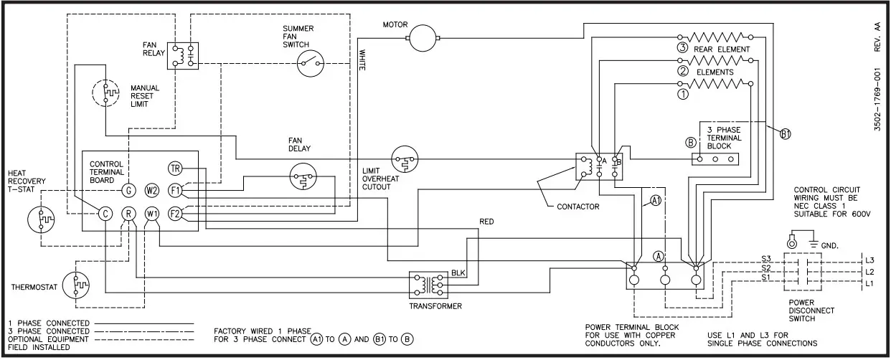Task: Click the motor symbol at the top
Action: coord(423,35)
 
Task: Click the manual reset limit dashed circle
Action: coord(107,93)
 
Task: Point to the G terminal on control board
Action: coord(128,190)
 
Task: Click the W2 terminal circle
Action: coord(151,190)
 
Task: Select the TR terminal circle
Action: coord(175,169)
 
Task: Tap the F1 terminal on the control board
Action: coord(175,190)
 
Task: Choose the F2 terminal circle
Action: coord(175,213)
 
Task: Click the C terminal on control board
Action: coord(105,213)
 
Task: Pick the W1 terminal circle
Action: coord(151,213)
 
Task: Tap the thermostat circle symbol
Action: coord(76,285)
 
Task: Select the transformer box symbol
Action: coord(428,285)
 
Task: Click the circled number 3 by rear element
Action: coord(682,48)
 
